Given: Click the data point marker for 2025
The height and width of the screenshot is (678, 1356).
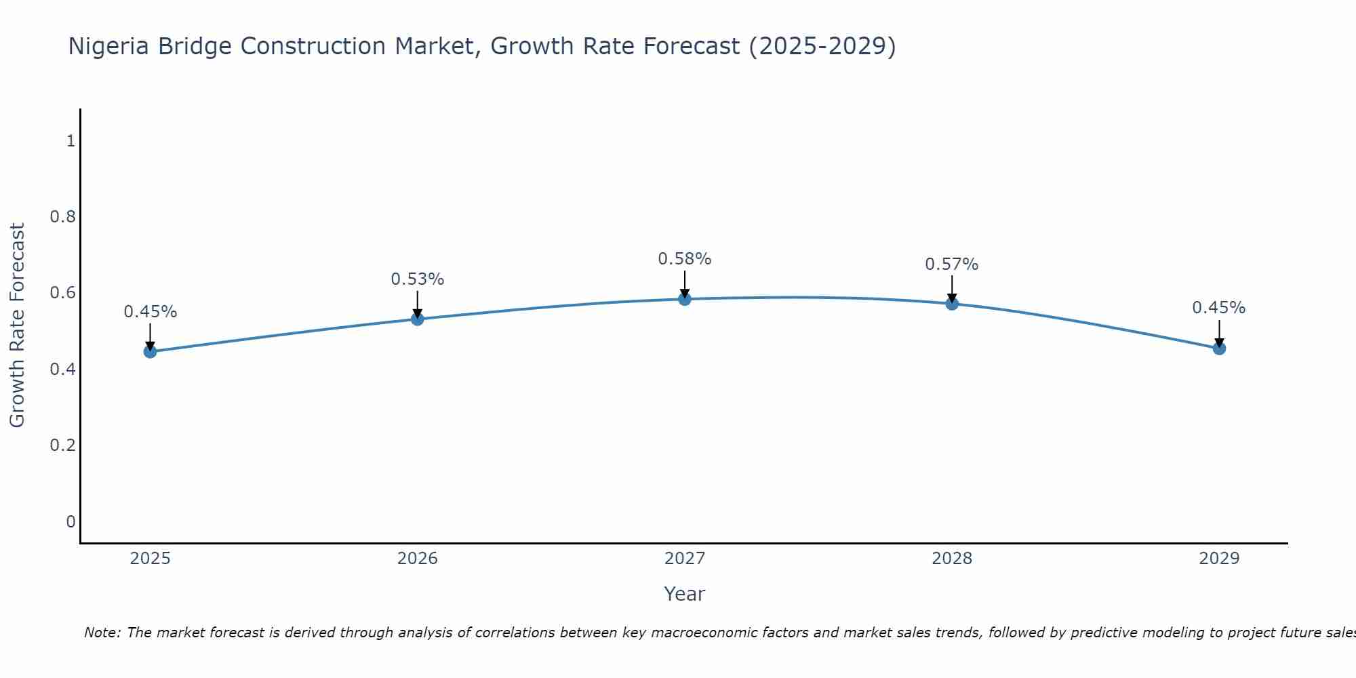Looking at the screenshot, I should [x=151, y=351].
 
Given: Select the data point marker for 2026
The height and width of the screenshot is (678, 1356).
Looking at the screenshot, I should [x=418, y=319].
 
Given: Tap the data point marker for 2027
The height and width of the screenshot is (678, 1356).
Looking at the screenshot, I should [x=685, y=299].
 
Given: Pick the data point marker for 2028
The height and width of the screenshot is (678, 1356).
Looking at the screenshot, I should [x=952, y=304].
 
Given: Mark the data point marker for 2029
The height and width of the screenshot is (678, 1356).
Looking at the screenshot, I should [x=1219, y=348].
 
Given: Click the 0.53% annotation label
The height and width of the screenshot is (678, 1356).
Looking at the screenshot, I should [x=418, y=279].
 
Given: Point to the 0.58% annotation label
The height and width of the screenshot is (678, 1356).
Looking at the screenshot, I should [x=685, y=259].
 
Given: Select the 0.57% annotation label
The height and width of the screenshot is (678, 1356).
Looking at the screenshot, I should [x=952, y=264].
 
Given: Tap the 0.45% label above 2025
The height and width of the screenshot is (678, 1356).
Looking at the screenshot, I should [x=151, y=312].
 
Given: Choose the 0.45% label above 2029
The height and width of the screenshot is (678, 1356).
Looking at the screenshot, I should [x=1219, y=308].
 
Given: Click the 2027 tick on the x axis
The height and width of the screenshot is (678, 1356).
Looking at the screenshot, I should [x=685, y=559].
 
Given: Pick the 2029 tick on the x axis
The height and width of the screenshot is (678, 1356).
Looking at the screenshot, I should [x=1219, y=559].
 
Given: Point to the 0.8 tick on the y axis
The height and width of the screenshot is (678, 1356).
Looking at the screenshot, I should [x=62, y=217].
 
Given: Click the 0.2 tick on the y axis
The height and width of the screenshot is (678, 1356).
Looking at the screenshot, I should [x=62, y=445].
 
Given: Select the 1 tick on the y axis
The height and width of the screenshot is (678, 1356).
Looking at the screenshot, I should [x=71, y=141].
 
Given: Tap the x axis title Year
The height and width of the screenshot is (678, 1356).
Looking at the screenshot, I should [x=685, y=594].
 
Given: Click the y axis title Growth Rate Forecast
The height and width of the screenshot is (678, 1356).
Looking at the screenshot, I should [x=18, y=325].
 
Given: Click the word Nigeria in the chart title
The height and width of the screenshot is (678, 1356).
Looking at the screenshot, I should [x=110, y=47].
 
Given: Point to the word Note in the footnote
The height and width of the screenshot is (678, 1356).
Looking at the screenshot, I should [x=102, y=633].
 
